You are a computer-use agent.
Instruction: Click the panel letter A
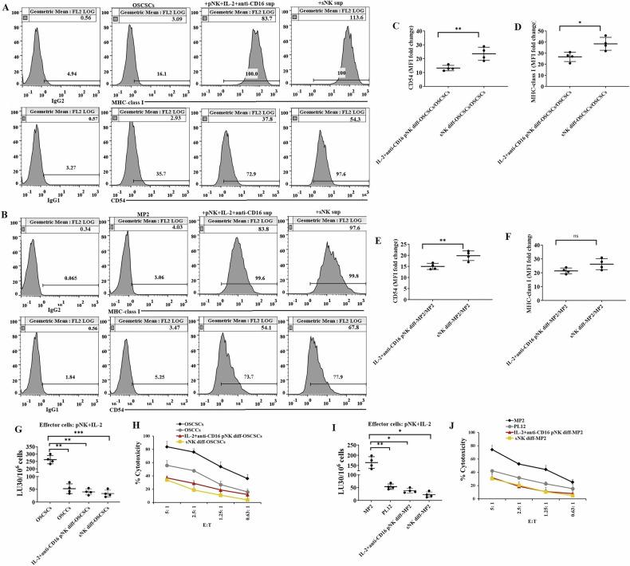tap(6, 7)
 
